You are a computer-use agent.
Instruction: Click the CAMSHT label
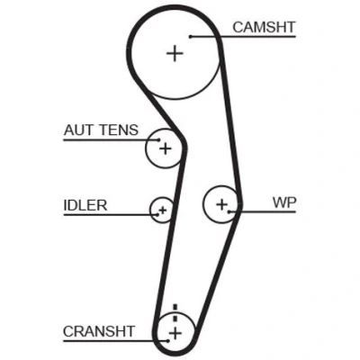[264, 27]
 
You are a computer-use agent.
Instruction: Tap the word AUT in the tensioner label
[78, 130]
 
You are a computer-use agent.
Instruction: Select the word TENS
[118, 130]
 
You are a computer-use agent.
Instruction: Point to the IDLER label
[85, 205]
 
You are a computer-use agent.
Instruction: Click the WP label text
[284, 202]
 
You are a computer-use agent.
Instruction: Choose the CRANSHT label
[99, 331]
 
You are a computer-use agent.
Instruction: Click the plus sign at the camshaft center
[175, 54]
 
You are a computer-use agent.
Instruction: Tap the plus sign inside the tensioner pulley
[166, 148]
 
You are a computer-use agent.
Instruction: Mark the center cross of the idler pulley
[163, 210]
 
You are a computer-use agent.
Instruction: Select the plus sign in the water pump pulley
[222, 204]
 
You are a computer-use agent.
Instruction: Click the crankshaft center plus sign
[175, 333]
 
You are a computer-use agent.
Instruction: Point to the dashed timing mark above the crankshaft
[175, 313]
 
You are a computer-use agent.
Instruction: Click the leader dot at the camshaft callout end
[191, 37]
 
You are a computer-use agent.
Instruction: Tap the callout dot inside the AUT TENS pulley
[159, 139]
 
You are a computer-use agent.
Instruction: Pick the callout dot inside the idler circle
[157, 215]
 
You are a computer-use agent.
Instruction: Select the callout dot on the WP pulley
[229, 211]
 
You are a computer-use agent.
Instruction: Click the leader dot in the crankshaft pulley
[168, 341]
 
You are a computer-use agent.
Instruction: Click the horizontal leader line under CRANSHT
[116, 341]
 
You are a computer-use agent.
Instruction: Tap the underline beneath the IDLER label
[111, 215]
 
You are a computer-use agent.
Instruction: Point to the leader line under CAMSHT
[243, 37]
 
